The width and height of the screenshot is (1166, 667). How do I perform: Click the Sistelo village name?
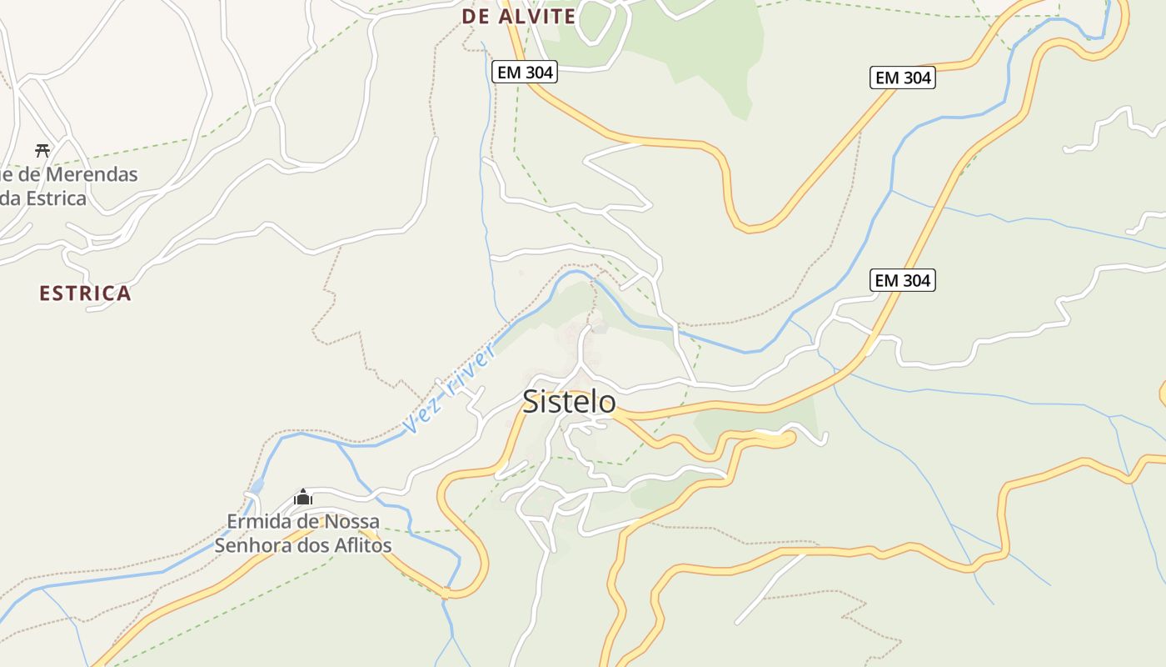point(569,402)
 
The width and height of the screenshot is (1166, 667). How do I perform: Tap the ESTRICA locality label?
point(85,293)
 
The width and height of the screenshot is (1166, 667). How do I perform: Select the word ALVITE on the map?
point(537,17)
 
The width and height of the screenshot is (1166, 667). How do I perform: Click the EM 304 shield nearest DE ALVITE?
point(524,73)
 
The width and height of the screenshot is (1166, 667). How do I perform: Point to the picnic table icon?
point(42,150)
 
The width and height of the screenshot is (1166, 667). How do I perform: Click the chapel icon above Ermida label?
point(303,498)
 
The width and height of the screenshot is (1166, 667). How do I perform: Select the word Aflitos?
point(361,546)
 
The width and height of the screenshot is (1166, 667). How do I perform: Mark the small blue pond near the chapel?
point(257,485)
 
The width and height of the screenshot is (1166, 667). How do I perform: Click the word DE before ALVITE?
point(475,17)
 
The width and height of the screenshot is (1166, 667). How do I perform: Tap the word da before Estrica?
point(8,198)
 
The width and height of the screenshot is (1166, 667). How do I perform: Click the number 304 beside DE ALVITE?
point(539,73)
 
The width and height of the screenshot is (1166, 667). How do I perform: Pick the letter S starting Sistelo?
point(531,402)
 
